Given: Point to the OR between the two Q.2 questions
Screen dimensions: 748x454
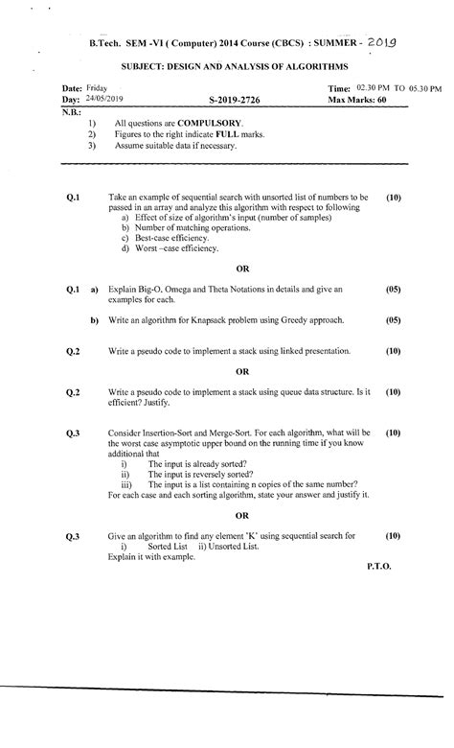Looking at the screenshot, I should pos(242,371).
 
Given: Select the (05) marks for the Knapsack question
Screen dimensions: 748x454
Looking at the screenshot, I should pos(393,319).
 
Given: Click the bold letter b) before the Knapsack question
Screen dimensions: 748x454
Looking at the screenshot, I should pos(95,319).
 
